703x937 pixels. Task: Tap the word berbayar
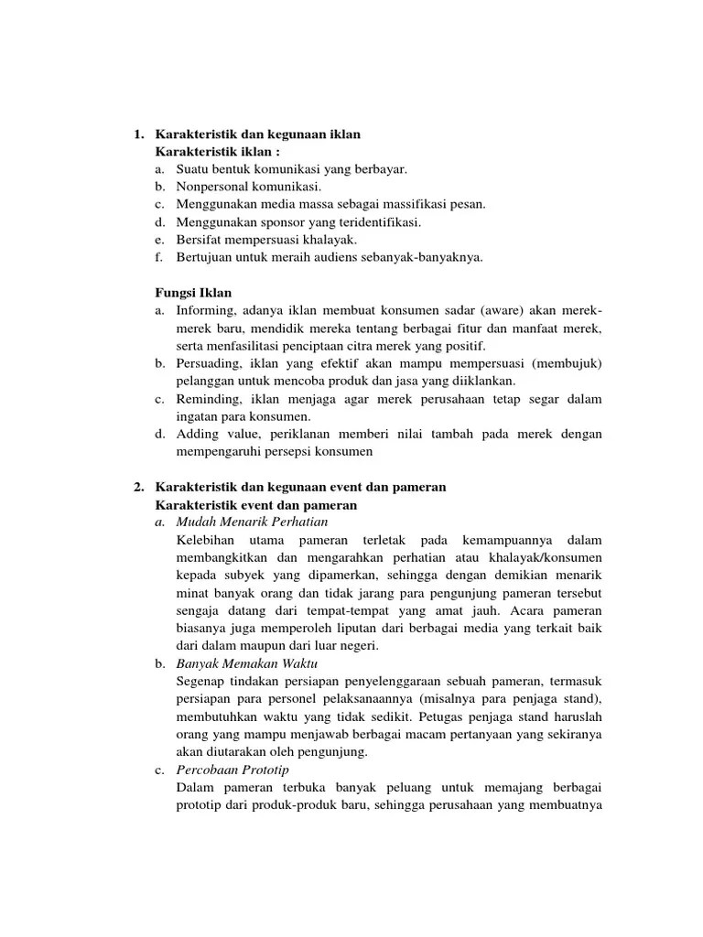pyautogui.click(x=377, y=169)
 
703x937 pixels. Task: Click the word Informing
pyautogui.click(x=205, y=310)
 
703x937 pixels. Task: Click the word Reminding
pyautogui.click(x=207, y=398)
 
